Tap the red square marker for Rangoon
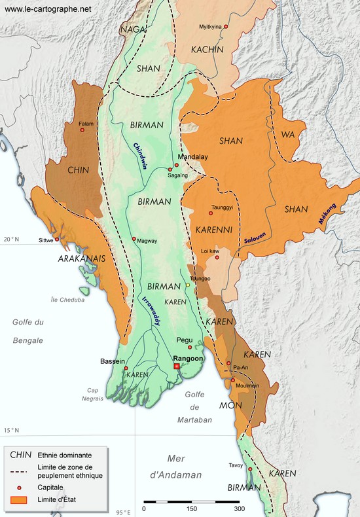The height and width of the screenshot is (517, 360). pos(177,366)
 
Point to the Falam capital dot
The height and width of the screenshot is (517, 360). pos(82,130)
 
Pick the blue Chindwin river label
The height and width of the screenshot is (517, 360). pos(139,156)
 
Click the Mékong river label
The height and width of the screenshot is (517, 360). pos(327,214)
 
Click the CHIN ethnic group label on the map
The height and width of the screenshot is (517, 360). pos(79,170)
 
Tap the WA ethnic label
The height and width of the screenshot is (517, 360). pos(288,134)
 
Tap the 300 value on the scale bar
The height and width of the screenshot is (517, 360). pos(240,508)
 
